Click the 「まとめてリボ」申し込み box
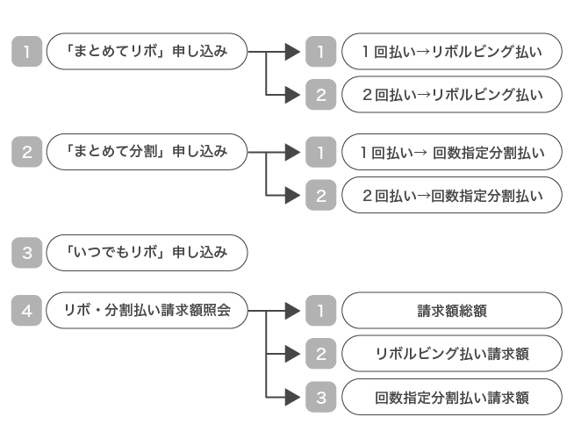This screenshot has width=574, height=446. (147, 52)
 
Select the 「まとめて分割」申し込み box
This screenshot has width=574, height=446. (147, 152)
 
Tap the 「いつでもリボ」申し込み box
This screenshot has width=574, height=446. (147, 253)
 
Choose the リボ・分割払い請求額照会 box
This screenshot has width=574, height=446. (147, 310)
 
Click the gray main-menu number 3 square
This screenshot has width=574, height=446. (27, 253)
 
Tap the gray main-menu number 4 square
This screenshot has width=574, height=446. (27, 310)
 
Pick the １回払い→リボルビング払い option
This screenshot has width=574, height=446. (451, 52)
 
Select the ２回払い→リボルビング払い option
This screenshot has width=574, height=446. (451, 95)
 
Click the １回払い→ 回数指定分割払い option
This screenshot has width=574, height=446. (451, 153)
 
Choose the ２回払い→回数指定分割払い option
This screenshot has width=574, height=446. (451, 196)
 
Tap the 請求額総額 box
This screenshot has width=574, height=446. (451, 310)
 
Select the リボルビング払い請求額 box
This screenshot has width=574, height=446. (451, 354)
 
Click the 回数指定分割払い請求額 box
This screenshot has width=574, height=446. (451, 397)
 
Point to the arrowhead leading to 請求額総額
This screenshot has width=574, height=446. (292, 310)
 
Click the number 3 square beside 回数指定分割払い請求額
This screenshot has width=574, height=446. (320, 397)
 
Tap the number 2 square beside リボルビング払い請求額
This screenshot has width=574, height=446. (320, 354)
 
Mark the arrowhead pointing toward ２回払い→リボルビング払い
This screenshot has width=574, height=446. (292, 95)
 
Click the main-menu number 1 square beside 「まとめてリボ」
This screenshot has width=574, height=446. (27, 52)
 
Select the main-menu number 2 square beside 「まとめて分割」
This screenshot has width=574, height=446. (27, 152)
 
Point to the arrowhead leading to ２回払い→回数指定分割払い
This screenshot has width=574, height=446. (292, 196)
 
